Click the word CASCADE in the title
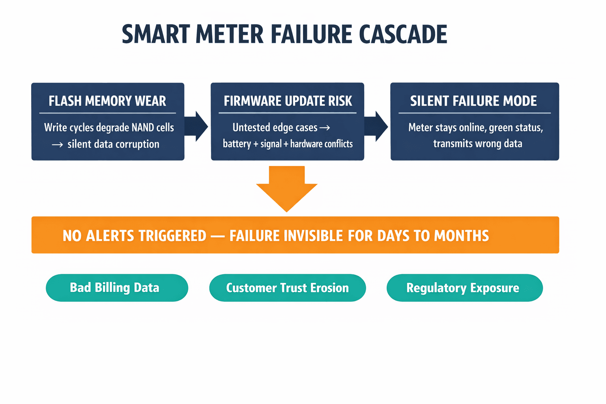[x=403, y=34]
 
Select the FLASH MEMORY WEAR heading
[x=107, y=101]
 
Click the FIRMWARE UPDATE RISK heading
[x=288, y=101]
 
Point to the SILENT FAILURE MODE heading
[x=473, y=101]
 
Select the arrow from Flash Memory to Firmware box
[x=197, y=126]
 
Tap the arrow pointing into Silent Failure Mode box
[x=377, y=126]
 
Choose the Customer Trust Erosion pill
[x=287, y=288]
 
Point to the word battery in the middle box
[x=237, y=144]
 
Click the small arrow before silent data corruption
[x=57, y=145]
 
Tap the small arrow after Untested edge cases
[x=325, y=127]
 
